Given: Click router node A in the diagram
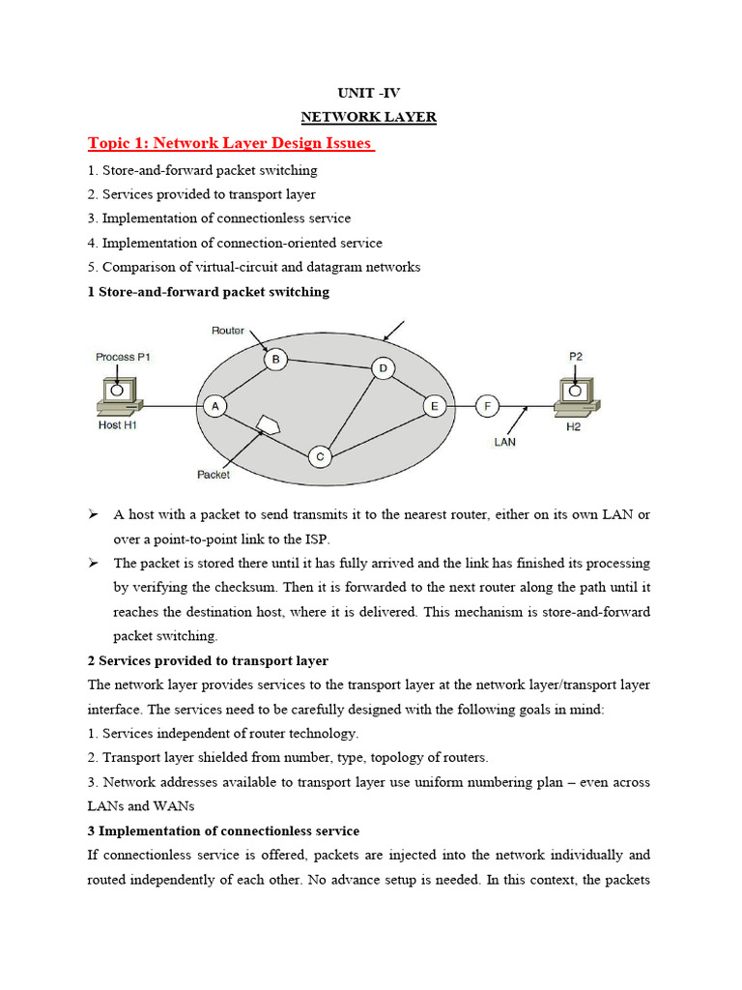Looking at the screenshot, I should coord(214,407).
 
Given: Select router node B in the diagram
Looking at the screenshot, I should coord(275,360).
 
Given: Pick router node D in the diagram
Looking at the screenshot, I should coord(383,368).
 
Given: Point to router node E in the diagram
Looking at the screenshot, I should coord(435,407).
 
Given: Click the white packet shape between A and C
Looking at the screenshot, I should coord(269,425).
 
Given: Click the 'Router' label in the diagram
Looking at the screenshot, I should coord(228,331).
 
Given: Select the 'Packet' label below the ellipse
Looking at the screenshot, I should coord(214,475).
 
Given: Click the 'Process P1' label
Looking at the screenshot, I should coord(123,357).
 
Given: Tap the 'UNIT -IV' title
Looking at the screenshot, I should coord(367,92).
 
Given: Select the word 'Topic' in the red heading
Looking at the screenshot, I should coord(110,144).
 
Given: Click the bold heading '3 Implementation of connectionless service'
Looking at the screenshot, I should coord(223,830).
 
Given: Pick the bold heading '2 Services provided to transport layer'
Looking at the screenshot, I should coord(208,660).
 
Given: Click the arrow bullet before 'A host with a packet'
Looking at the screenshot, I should coord(94,514).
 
